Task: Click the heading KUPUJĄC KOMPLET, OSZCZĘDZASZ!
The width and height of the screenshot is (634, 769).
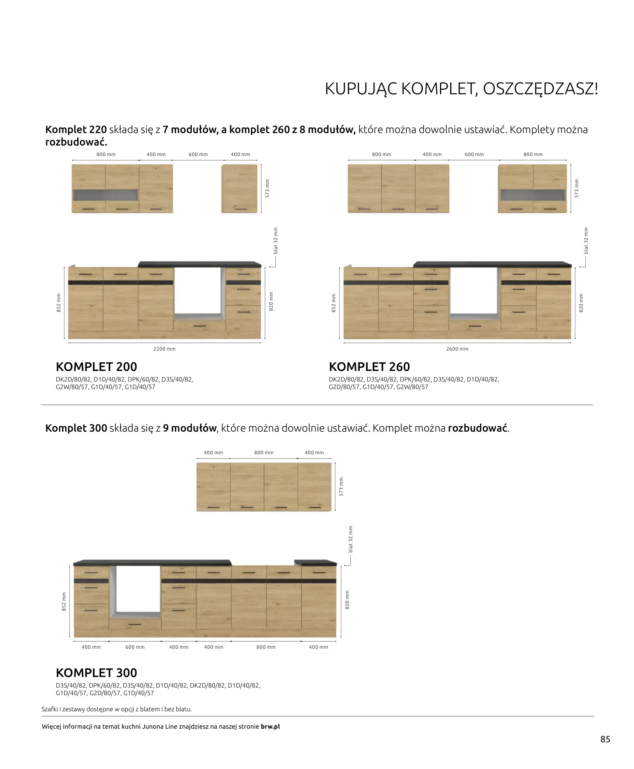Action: [461, 89]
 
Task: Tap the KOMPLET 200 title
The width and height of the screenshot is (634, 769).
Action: [96, 366]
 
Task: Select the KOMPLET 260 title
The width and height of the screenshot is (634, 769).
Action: [369, 366]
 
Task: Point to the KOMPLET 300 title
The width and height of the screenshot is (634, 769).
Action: [96, 672]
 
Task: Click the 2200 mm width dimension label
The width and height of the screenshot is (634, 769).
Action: [164, 349]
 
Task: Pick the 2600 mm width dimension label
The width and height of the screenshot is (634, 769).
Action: [457, 349]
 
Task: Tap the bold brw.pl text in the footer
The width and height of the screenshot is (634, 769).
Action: [270, 726]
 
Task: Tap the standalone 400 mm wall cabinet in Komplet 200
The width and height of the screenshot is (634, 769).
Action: [239, 188]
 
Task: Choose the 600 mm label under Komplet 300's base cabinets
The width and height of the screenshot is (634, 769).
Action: [135, 647]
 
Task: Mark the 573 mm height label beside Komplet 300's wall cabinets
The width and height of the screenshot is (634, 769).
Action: [341, 486]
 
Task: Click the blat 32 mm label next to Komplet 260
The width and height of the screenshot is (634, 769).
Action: [585, 241]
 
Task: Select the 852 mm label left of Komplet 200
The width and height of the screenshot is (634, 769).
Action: [59, 302]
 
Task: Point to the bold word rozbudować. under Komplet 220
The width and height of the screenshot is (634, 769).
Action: [76, 142]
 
